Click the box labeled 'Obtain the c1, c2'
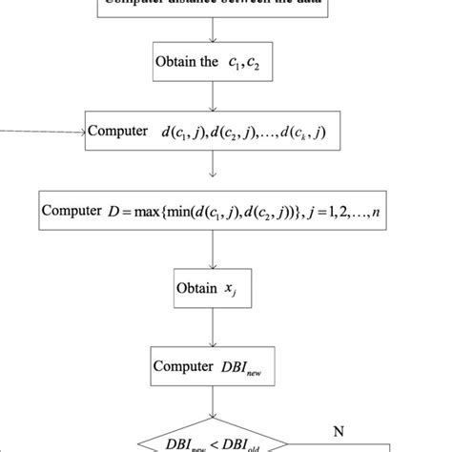(x=211, y=63)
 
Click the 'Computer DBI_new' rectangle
(x=212, y=367)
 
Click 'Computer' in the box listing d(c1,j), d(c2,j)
(x=119, y=133)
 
